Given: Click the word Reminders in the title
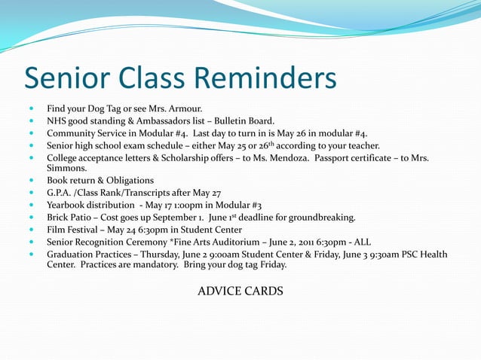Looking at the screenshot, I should (x=266, y=78).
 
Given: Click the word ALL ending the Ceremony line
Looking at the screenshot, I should (x=362, y=242).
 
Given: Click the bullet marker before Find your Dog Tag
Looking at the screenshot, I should (x=32, y=108).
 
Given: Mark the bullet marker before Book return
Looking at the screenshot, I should (x=32, y=182).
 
